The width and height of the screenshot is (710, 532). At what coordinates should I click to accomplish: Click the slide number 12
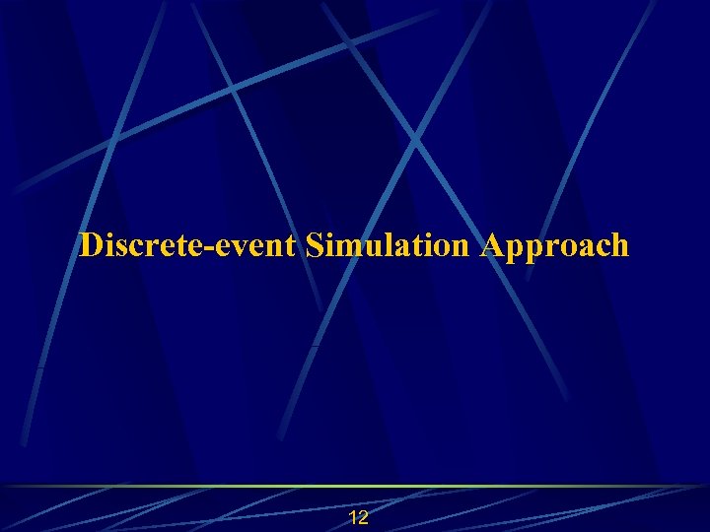(x=359, y=518)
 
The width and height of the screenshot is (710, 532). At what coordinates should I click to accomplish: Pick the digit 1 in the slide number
(x=354, y=518)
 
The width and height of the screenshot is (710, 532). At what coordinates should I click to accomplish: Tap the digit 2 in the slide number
(x=364, y=518)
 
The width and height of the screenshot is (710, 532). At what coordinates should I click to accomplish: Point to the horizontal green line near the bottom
(x=355, y=486)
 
